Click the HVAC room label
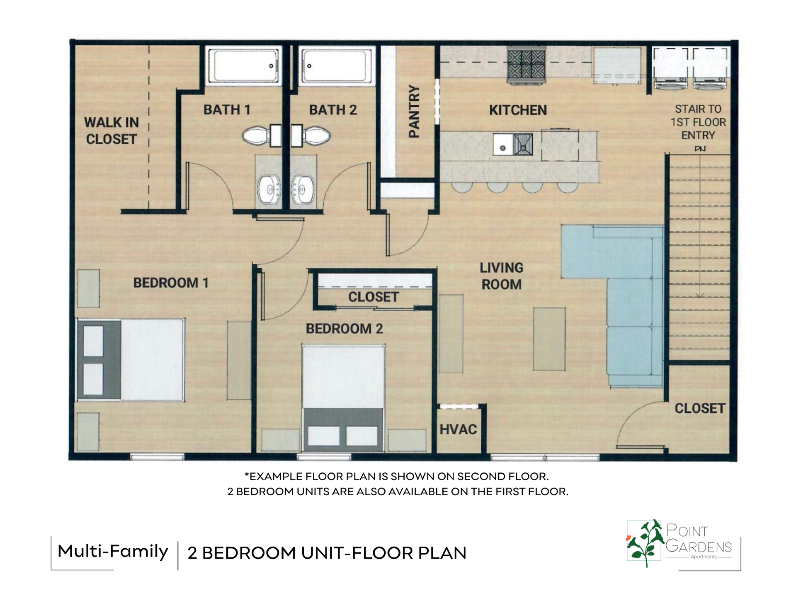coord(458,429)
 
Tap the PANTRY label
coord(414,111)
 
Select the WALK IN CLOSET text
coord(111,131)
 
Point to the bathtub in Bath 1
coord(243,66)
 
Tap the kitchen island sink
coord(503,145)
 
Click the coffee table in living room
coord(549,339)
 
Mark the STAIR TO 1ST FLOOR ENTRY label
coord(698,122)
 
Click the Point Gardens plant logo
coord(645,542)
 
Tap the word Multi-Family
coord(112,551)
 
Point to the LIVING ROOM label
coord(501,276)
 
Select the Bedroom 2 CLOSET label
coord(373,297)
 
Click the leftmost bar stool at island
coord(461,187)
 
